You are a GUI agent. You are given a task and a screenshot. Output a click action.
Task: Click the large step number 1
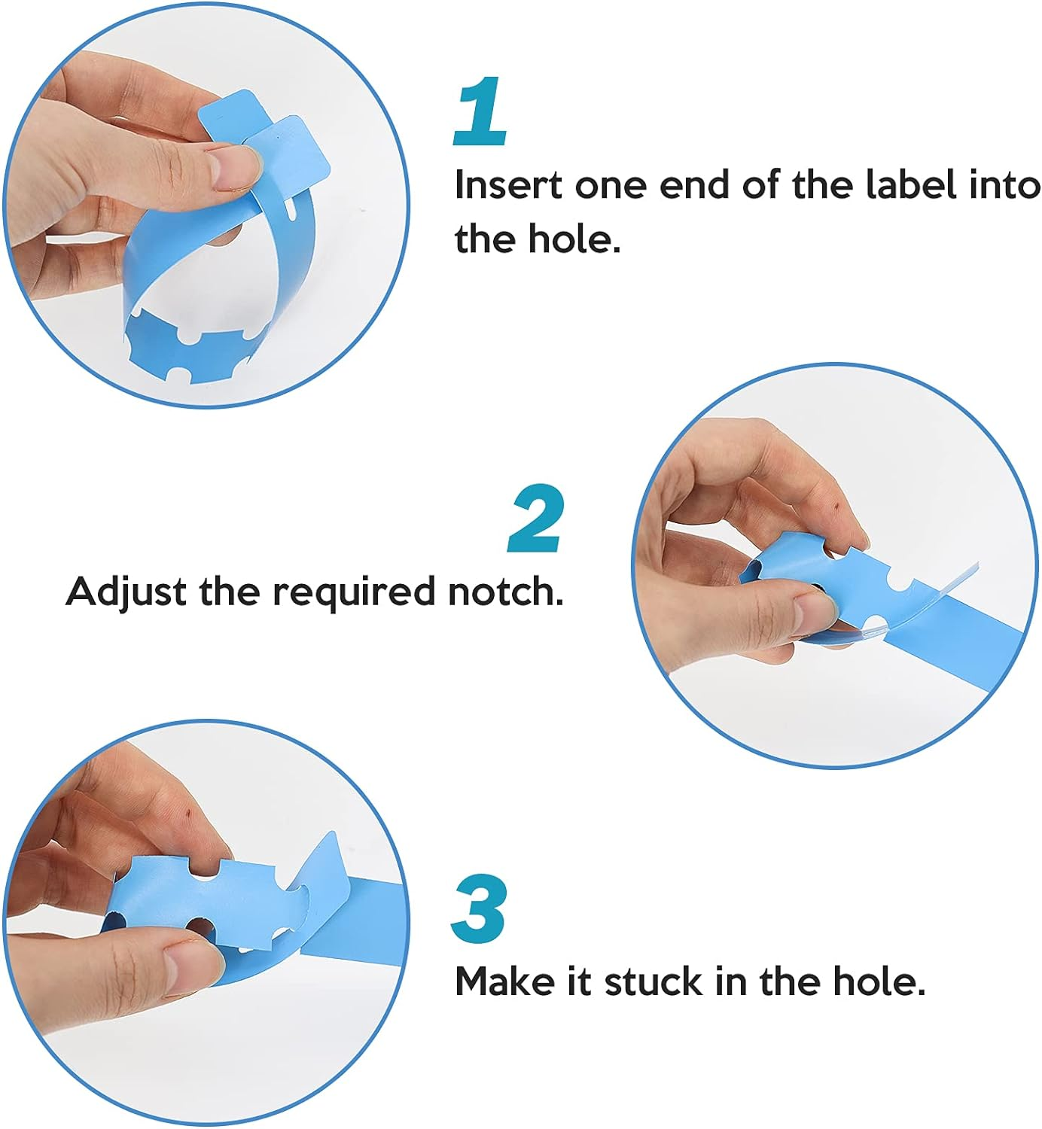(x=480, y=111)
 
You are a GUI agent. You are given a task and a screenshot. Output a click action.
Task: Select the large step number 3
(x=478, y=909)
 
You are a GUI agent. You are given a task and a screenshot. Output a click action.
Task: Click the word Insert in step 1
(x=508, y=185)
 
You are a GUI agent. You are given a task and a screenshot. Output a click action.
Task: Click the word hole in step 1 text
(x=574, y=239)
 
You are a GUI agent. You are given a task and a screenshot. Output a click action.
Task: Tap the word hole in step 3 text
(x=879, y=981)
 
